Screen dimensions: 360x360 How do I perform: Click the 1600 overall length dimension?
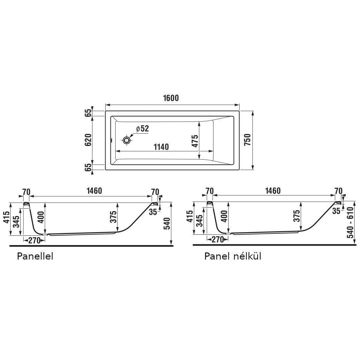(x=171, y=98)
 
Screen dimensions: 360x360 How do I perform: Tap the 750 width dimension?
(x=247, y=140)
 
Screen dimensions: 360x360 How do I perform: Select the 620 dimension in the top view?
(x=88, y=140)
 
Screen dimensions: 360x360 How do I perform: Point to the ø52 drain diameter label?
(x=142, y=128)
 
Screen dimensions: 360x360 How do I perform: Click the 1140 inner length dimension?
(x=161, y=147)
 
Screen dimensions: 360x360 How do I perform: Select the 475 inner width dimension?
(x=195, y=141)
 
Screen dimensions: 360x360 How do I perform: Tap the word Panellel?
(x=35, y=256)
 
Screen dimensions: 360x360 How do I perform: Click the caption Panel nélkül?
(x=233, y=256)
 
